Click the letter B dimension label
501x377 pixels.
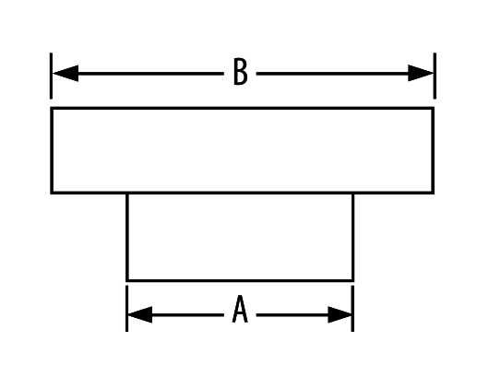click(x=241, y=72)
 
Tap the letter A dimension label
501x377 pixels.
click(x=240, y=309)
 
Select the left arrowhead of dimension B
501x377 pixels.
click(x=66, y=74)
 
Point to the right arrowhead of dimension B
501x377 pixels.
click(x=421, y=73)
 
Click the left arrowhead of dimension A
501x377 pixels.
click(x=140, y=314)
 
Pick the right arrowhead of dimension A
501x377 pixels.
click(x=340, y=314)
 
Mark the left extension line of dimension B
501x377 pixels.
click(x=51, y=76)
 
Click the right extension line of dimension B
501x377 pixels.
click(x=435, y=76)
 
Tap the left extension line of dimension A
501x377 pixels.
click(x=126, y=309)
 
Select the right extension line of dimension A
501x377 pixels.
click(x=352, y=309)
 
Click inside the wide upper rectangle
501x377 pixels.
click(x=242, y=150)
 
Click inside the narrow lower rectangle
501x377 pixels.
click(x=240, y=237)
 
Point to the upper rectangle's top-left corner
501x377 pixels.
click(x=52, y=108)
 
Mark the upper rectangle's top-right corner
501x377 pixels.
click(x=434, y=108)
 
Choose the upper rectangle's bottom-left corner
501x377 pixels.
click(x=52, y=193)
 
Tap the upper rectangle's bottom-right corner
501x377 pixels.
click(x=434, y=193)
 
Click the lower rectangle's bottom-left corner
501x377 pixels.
click(x=127, y=281)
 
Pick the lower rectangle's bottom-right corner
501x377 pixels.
click(x=353, y=281)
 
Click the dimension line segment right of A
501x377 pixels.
click(x=292, y=315)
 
